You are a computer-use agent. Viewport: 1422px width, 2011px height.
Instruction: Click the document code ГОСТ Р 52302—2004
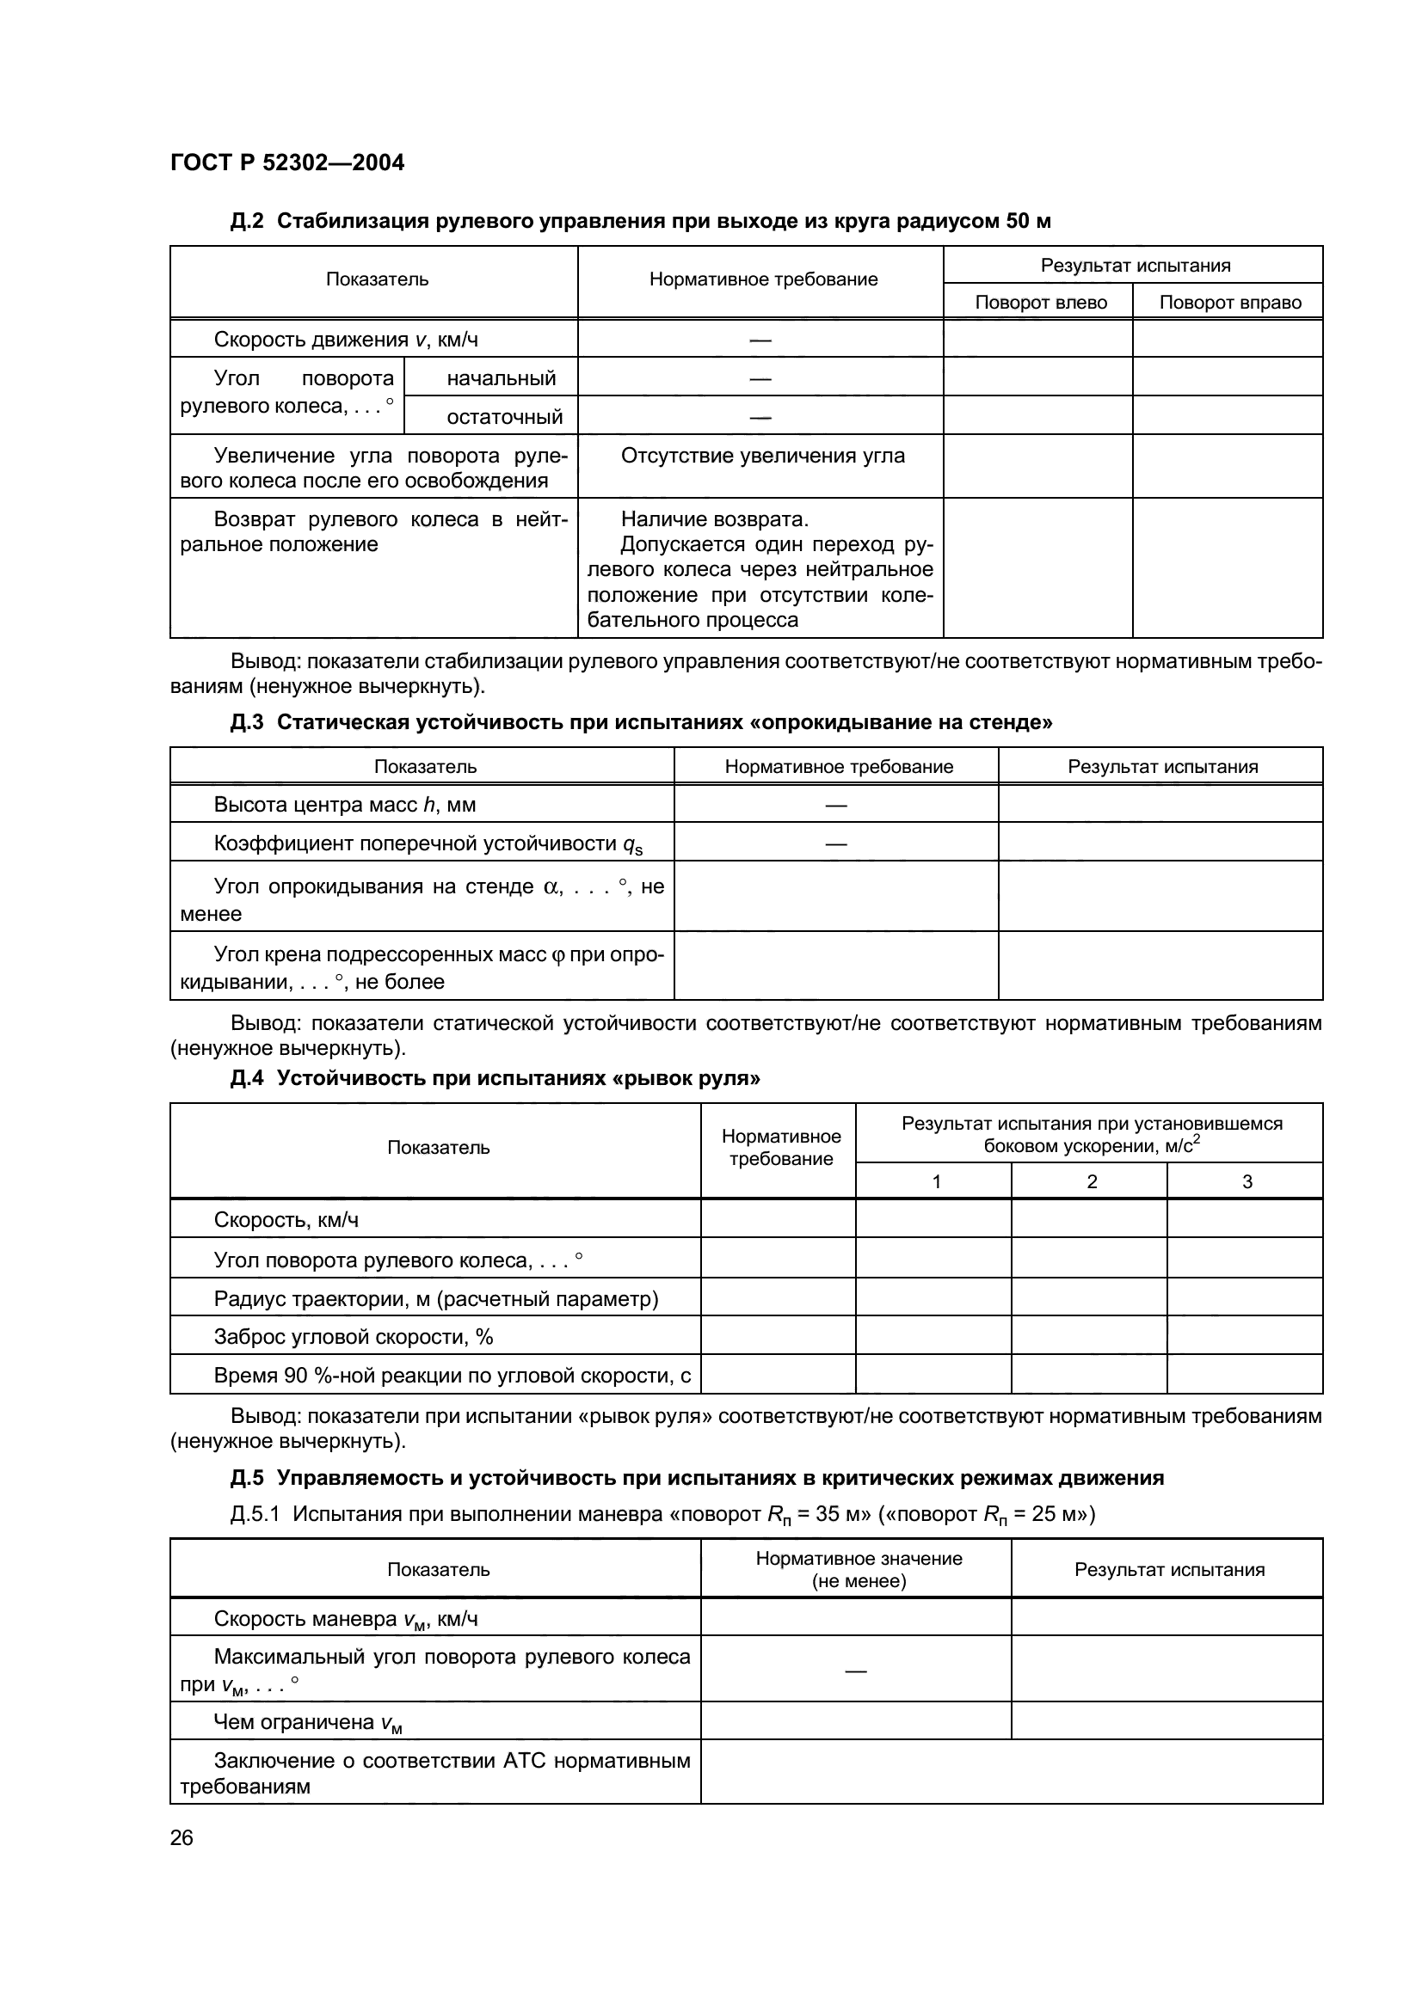(x=286, y=162)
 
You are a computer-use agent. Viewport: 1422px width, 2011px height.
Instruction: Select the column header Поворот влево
(x=1040, y=302)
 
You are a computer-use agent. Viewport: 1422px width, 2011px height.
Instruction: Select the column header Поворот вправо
(x=1229, y=302)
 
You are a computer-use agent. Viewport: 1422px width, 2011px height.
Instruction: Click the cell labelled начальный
(x=502, y=378)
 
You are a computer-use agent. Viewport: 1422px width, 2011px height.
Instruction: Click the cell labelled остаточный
(x=505, y=417)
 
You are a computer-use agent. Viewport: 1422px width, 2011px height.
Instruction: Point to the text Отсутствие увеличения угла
(x=762, y=456)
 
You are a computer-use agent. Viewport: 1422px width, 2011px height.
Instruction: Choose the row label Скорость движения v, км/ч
(x=345, y=340)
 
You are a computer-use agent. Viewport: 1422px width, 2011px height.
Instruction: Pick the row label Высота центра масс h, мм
(x=344, y=805)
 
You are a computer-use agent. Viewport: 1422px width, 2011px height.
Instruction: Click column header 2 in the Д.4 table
(x=1092, y=1181)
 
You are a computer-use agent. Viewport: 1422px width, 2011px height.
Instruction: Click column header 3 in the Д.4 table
(x=1247, y=1181)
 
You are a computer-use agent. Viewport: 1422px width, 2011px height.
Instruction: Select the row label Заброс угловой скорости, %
(x=353, y=1337)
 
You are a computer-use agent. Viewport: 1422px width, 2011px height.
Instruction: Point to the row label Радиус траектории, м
(x=435, y=1298)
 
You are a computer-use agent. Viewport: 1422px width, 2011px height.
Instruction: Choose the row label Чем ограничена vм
(x=307, y=1723)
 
